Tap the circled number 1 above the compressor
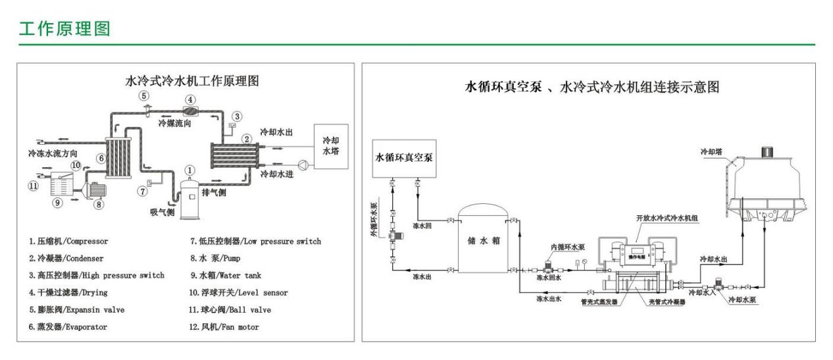tap(189, 170)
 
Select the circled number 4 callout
tap(189, 100)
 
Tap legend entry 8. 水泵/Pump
tap(218, 259)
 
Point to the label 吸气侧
tap(162, 211)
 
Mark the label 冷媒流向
tap(174, 122)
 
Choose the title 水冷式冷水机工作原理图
tap(191, 81)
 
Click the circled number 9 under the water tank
tap(58, 203)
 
